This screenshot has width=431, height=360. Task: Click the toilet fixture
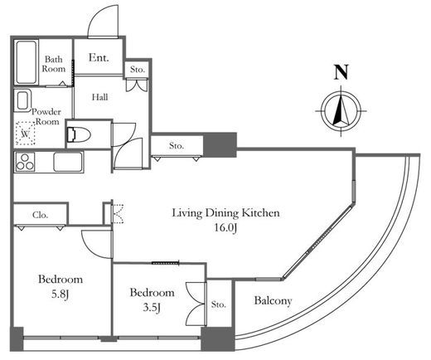pos(79,134)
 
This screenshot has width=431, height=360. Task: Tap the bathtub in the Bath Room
pos(26,62)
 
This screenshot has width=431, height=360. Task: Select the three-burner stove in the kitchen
pos(25,162)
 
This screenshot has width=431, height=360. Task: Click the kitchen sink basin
pos(68,162)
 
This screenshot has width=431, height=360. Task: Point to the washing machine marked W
pos(26,134)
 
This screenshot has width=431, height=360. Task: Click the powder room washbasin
pos(22,101)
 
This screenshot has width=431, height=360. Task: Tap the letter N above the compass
pos(341,72)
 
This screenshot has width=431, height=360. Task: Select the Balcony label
pos(273,300)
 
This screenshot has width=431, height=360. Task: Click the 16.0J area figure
pos(225,228)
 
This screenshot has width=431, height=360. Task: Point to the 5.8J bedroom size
pos(60,294)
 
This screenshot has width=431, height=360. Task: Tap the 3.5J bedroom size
pos(152,308)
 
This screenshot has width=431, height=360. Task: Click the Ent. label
pos(99,57)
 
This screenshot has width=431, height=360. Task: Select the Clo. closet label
pos(41,215)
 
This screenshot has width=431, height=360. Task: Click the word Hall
pos(99,97)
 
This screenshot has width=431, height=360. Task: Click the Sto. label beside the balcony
pos(219,304)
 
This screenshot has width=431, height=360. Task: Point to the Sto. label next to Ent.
pos(138,70)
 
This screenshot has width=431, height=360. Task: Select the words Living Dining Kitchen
pos(225,213)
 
